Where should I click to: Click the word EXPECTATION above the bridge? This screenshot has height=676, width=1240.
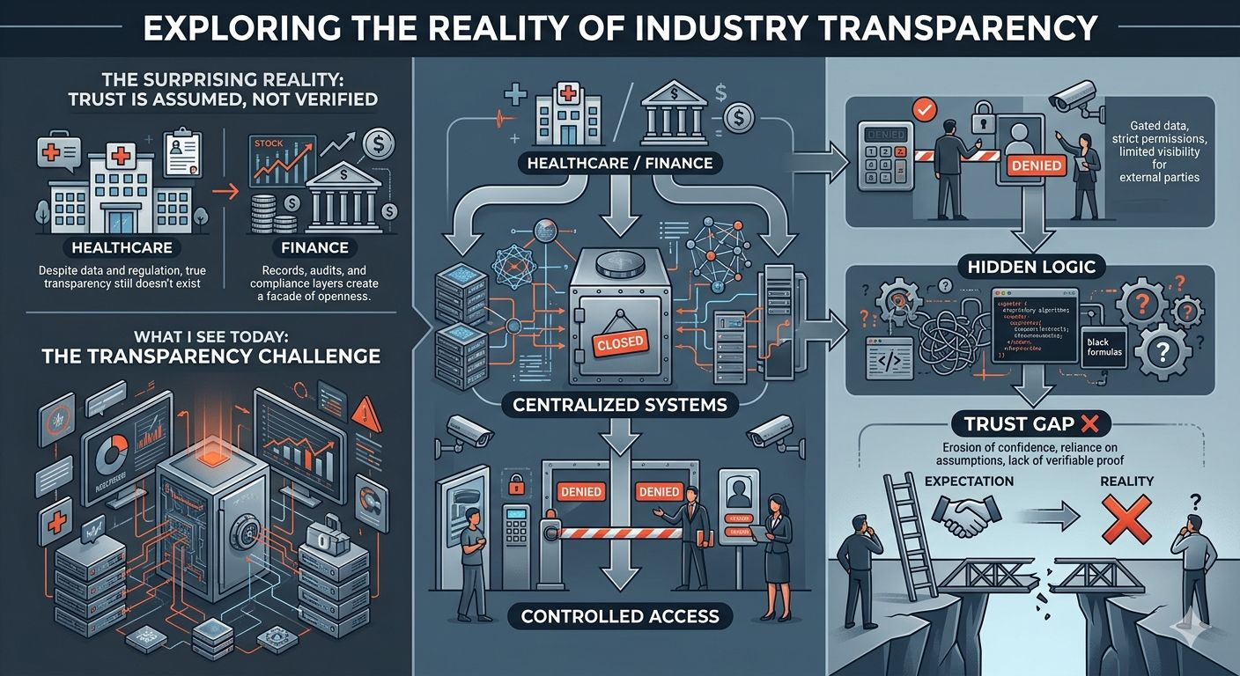(969, 481)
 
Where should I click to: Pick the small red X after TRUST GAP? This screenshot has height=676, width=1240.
(1089, 424)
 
